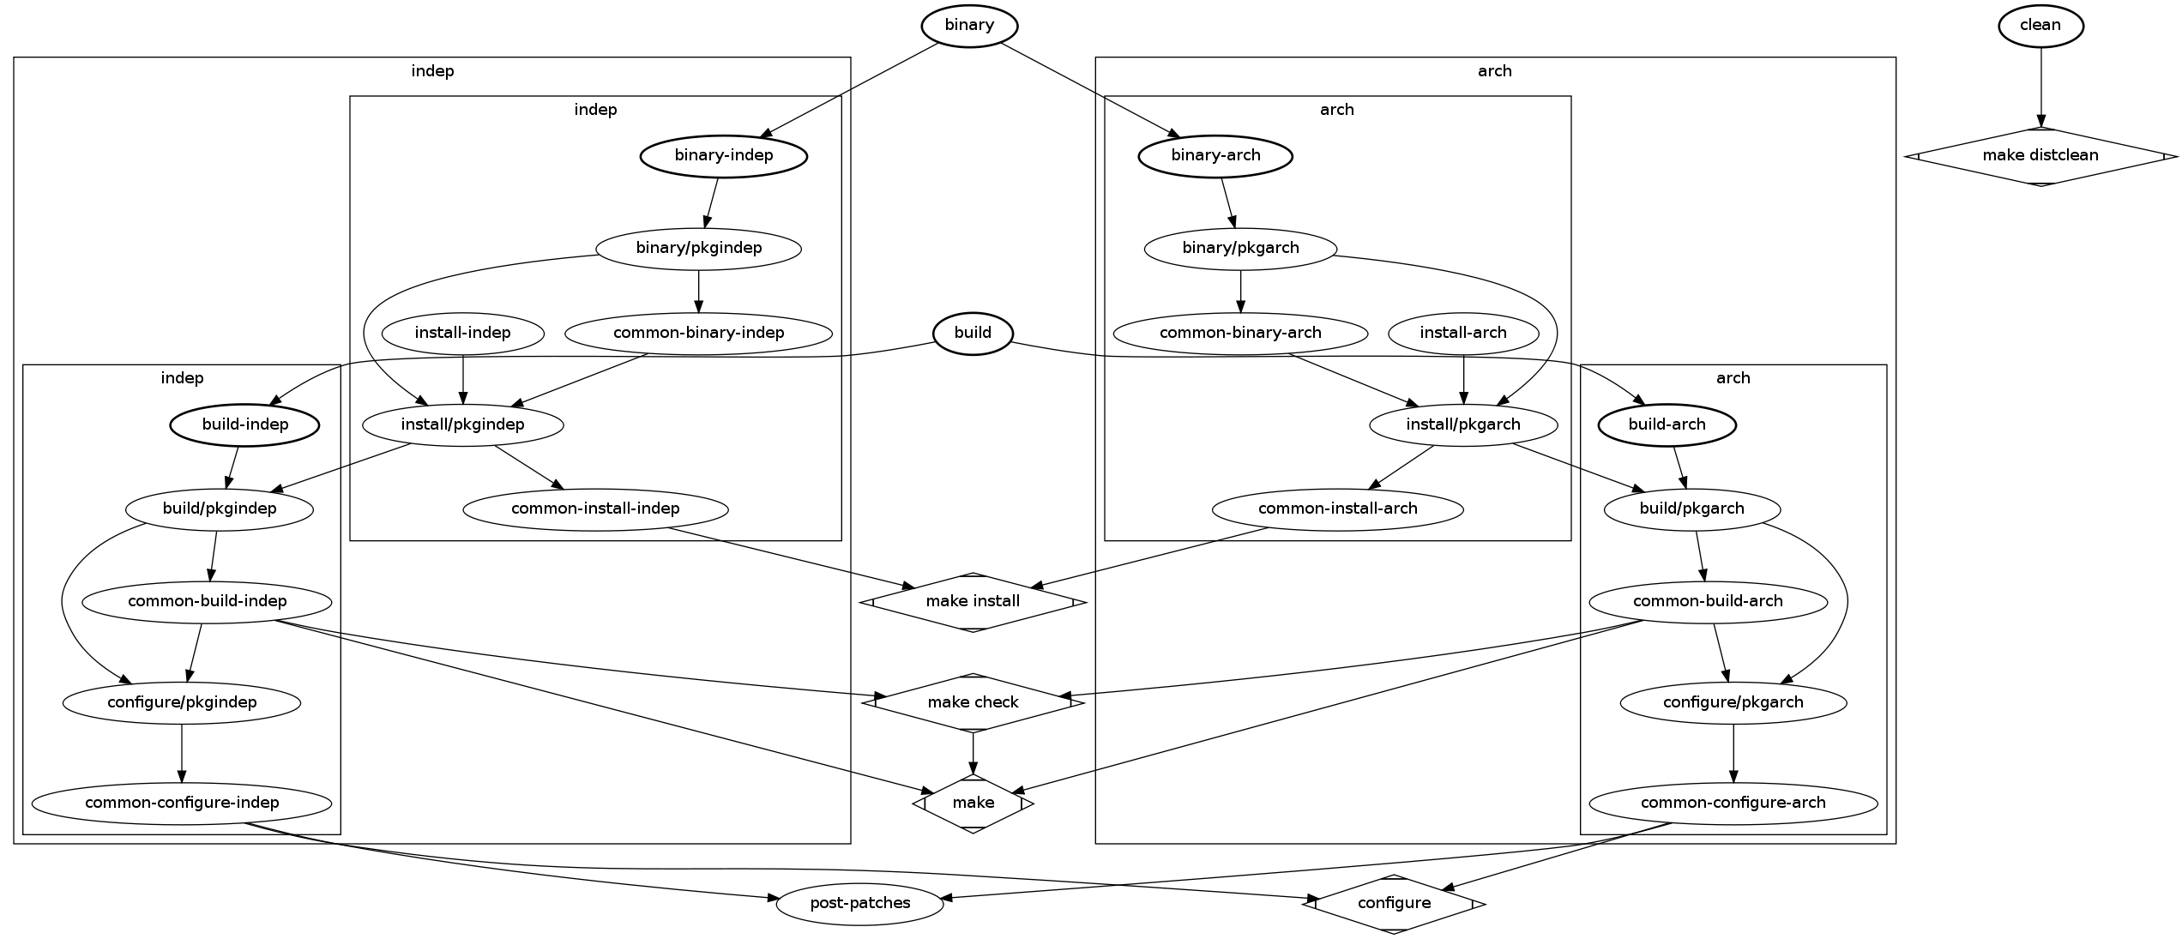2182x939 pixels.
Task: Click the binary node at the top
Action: point(969,26)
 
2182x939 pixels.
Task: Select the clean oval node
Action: point(2040,26)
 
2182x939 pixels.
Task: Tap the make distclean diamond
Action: point(2040,156)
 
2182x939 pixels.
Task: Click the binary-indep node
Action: point(724,156)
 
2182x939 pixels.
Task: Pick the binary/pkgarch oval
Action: point(1240,249)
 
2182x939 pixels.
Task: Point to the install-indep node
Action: point(462,333)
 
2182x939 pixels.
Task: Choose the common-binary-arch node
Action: point(1240,333)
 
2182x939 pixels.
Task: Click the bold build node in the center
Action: point(973,333)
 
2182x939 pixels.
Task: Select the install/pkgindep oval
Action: point(462,424)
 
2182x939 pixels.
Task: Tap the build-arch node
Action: point(1667,424)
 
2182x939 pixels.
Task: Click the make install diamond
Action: point(973,602)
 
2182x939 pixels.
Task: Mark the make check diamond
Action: point(973,703)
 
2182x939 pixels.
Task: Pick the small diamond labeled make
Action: point(973,804)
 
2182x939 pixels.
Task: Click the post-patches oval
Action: point(859,904)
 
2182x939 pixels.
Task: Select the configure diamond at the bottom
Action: point(1394,904)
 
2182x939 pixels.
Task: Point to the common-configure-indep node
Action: point(182,804)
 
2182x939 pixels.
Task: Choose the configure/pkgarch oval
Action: point(1733,703)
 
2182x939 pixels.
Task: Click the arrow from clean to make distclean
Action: point(2040,86)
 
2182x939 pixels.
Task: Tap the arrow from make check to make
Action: point(973,753)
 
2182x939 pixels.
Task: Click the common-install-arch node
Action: point(1337,509)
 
